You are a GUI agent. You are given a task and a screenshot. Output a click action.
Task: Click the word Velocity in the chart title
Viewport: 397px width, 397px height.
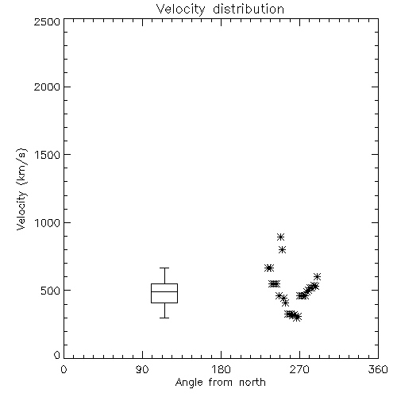[x=181, y=10]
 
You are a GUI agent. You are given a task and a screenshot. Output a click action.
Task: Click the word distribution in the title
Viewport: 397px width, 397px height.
[x=249, y=9]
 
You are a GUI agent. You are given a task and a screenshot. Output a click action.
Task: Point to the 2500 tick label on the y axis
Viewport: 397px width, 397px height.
[x=47, y=21]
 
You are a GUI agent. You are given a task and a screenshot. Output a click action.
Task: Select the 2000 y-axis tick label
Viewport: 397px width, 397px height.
[x=47, y=87]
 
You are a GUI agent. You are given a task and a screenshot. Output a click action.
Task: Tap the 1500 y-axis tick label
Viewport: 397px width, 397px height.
[x=48, y=155]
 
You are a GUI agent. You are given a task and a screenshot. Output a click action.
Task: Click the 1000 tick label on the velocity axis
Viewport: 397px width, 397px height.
[x=48, y=222]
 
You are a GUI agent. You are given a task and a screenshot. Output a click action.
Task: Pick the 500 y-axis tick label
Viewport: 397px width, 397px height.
[x=51, y=291]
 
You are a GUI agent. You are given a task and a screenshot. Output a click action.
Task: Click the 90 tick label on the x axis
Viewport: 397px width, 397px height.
[x=142, y=369]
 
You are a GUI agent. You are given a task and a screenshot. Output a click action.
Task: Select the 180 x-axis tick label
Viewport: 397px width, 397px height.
[x=221, y=369]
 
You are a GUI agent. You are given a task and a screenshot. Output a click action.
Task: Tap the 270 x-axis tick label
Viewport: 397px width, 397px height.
[x=299, y=369]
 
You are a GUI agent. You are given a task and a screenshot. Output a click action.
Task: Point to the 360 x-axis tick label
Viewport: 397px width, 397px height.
[x=378, y=369]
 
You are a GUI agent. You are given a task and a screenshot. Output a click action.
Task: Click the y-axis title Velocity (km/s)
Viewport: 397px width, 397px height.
[x=21, y=189]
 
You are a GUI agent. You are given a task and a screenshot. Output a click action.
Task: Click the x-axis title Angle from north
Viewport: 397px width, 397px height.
[x=220, y=383]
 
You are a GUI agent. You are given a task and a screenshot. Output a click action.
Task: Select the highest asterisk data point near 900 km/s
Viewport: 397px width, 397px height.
[x=280, y=237]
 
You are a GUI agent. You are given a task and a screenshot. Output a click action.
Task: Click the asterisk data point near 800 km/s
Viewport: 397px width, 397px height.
[x=282, y=249]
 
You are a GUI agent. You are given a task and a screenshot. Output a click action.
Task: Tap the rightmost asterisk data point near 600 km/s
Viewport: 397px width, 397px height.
[x=317, y=277]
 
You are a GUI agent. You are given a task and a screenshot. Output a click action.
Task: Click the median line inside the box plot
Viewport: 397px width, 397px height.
[x=164, y=291]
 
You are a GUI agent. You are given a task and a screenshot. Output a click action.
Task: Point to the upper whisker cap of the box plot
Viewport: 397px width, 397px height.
[x=164, y=268]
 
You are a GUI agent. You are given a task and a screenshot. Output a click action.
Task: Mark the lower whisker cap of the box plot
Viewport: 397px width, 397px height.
[x=164, y=318]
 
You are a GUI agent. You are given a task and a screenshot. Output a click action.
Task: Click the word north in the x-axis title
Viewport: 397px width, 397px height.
[x=252, y=383]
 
